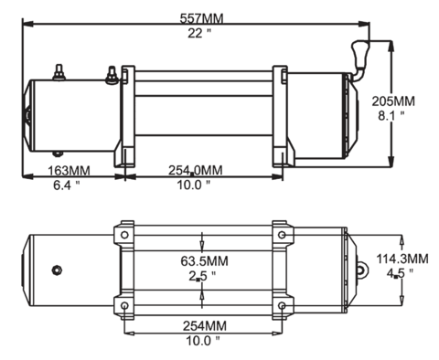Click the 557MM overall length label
tap(201, 18)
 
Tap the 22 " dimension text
tap(199, 33)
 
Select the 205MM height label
tap(393, 101)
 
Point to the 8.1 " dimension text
tap(391, 116)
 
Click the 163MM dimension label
tap(69, 171)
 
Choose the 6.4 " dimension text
tap(67, 185)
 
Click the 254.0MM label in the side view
tap(196, 170)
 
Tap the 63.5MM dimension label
tap(204, 261)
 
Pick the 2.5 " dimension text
tap(202, 276)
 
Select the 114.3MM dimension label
tap(402, 259)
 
